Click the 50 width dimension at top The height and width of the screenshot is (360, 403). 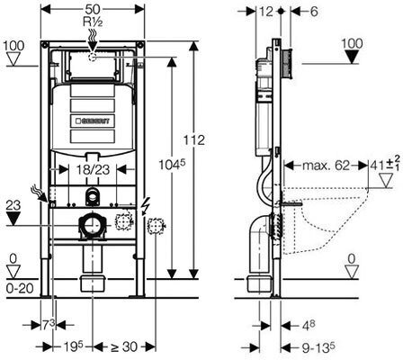(x=92, y=9)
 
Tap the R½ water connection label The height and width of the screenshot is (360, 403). (x=93, y=22)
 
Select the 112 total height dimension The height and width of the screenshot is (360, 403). (x=194, y=140)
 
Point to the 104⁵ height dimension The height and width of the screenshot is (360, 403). (x=172, y=165)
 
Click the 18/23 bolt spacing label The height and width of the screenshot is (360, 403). (x=93, y=170)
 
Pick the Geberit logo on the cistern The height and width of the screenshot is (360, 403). (x=93, y=121)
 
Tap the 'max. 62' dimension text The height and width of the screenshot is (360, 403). (x=326, y=165)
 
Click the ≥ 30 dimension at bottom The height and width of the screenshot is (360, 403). (x=124, y=346)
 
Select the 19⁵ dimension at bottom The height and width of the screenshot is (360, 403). (x=73, y=346)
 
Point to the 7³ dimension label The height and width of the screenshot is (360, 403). (x=49, y=325)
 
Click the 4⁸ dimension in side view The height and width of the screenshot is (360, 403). (x=308, y=325)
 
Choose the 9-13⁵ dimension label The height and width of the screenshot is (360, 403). (x=318, y=347)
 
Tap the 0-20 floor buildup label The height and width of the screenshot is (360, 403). (x=19, y=289)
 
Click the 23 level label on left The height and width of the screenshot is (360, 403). (x=13, y=205)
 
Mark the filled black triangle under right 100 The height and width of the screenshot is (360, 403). (x=352, y=57)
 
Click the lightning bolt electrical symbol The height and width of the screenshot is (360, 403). (x=145, y=207)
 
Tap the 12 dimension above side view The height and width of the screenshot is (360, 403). (x=266, y=12)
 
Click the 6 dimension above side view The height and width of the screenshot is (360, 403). (x=313, y=12)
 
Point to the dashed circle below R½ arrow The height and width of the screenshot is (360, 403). (x=93, y=57)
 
